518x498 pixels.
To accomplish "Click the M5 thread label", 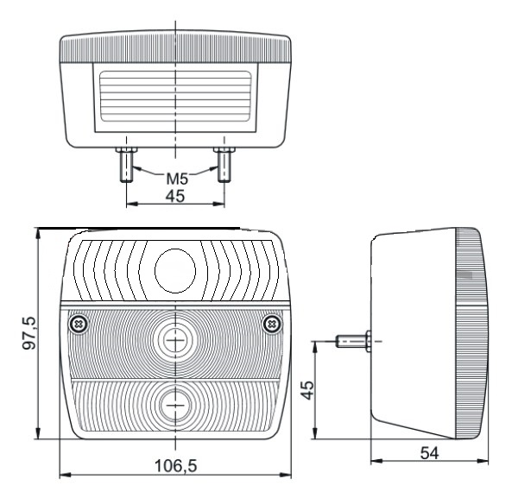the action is pos(177,179).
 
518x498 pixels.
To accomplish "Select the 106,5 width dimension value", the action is pos(176,466).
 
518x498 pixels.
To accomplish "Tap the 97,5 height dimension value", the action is pos(28,333).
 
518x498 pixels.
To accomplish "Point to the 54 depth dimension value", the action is pos(429,453).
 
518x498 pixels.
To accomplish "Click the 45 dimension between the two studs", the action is pos(175,196).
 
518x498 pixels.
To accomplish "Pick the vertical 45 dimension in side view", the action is pos(308,390).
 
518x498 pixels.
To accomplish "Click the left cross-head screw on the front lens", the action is pos(79,325).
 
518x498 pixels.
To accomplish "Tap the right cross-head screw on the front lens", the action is pos(273,325).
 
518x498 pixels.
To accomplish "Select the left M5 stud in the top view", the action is pos(126,165).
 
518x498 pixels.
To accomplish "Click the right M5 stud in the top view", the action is pos(224,165).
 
